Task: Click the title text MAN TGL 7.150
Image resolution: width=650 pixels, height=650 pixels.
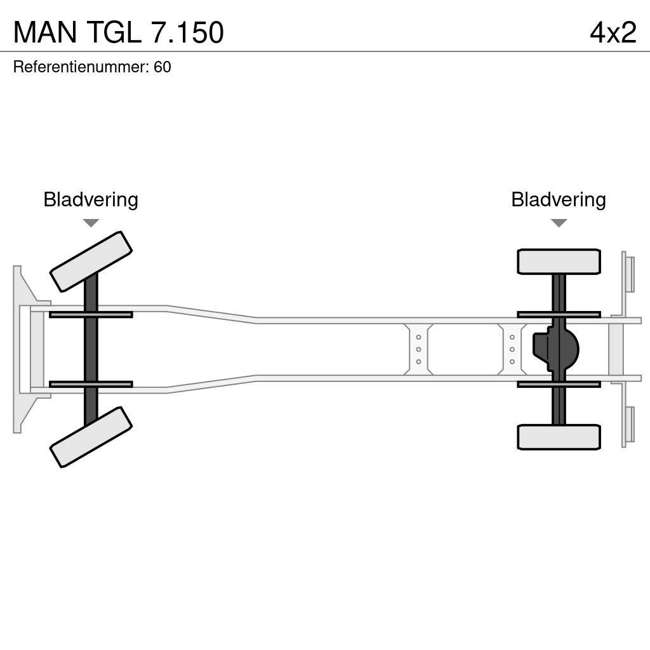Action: tap(119, 32)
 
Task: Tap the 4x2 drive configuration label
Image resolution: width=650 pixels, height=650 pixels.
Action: tap(613, 32)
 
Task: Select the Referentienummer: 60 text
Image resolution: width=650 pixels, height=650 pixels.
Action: tap(92, 67)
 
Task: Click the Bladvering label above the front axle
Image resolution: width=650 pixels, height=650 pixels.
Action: tap(91, 200)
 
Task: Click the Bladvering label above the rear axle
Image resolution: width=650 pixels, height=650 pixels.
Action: tap(558, 200)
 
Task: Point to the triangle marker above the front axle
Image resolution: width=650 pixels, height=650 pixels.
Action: tap(91, 223)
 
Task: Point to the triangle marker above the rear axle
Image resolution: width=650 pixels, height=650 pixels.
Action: tap(559, 223)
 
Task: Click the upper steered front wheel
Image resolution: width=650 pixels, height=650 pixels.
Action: tap(91, 262)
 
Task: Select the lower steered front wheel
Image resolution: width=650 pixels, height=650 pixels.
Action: tap(91, 437)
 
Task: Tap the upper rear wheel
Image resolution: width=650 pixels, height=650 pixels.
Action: tap(559, 262)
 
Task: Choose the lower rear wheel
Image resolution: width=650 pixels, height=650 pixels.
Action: tap(559, 437)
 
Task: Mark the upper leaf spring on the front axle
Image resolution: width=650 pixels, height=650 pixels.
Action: tap(91, 314)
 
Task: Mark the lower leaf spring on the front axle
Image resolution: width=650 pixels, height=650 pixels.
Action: tap(91, 384)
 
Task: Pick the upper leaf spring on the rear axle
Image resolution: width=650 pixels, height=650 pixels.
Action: tap(559, 314)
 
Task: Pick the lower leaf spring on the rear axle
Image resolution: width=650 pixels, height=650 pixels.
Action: tap(559, 384)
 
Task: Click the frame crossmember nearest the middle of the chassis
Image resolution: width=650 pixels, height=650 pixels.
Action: tap(418, 350)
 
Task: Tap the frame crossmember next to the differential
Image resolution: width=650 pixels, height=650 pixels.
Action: tap(511, 350)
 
